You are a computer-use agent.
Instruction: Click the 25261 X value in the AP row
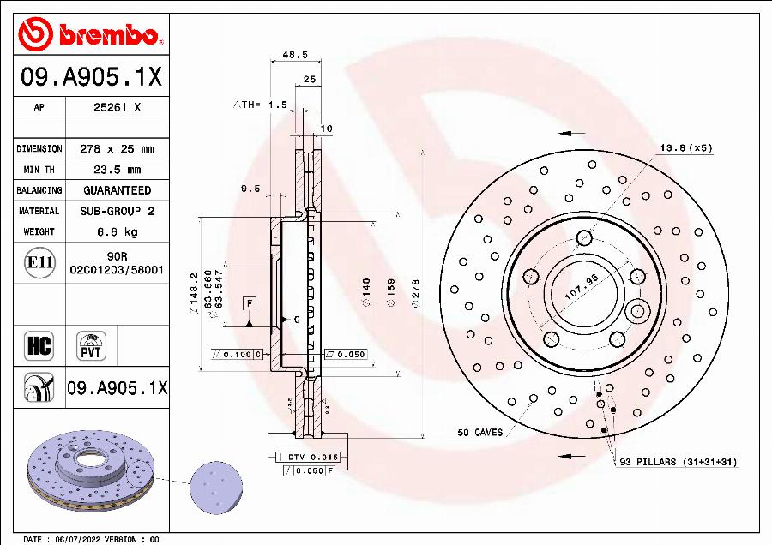(x=117, y=108)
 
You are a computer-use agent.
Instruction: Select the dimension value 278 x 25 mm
(x=117, y=148)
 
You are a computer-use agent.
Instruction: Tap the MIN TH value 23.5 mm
(x=117, y=170)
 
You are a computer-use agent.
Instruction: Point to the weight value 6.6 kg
(x=117, y=231)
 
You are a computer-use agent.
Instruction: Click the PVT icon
(x=90, y=345)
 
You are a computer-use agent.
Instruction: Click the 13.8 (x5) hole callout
(x=685, y=148)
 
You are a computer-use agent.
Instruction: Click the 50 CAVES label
(x=480, y=433)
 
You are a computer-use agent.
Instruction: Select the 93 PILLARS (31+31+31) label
(x=678, y=463)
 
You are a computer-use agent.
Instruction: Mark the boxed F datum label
(x=250, y=304)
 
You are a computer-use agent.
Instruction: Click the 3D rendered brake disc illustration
(x=91, y=476)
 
